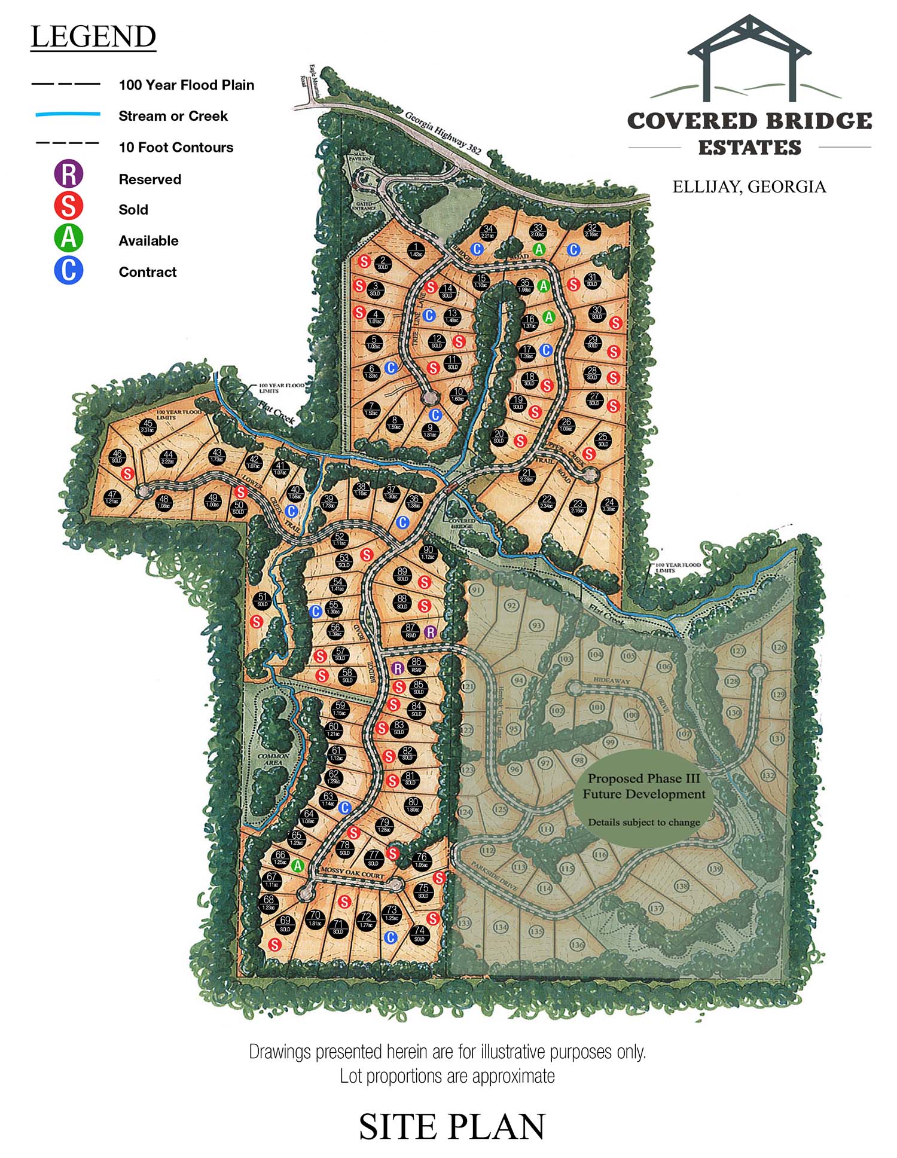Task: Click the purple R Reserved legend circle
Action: click(69, 174)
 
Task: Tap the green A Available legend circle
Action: click(69, 238)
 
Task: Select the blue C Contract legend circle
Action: click(69, 270)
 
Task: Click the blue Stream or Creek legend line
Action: click(68, 114)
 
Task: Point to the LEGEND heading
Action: click(93, 37)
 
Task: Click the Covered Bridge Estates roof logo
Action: click(749, 60)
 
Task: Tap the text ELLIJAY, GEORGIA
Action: click(749, 187)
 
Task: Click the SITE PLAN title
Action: click(452, 1127)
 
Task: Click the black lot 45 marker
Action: click(148, 427)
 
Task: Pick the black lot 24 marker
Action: click(609, 505)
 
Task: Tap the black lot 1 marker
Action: click(416, 250)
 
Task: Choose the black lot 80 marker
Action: click(413, 805)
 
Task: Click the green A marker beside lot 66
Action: click(298, 866)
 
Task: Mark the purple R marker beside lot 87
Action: click(430, 632)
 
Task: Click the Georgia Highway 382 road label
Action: click(443, 133)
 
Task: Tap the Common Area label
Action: click(273, 760)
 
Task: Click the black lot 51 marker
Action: click(263, 600)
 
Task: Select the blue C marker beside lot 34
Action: click(477, 249)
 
